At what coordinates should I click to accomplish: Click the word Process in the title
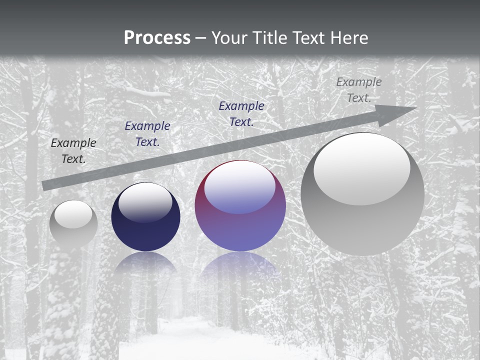(x=157, y=38)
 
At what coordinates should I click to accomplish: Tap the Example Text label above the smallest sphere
(x=73, y=151)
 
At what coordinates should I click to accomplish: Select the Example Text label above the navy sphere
(x=147, y=134)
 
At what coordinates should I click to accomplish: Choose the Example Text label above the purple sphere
(x=241, y=113)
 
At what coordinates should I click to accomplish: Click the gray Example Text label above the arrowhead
(x=359, y=90)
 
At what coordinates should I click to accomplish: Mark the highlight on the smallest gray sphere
(x=73, y=214)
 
